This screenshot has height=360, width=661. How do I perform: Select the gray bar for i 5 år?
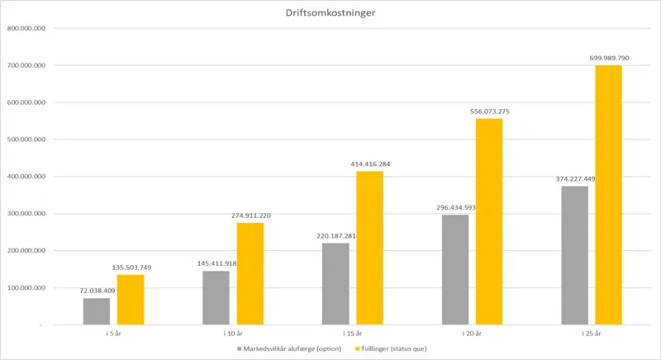[x=96, y=311]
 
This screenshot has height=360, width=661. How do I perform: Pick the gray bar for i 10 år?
[x=216, y=297]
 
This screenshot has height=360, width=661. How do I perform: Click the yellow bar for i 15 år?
[x=369, y=248]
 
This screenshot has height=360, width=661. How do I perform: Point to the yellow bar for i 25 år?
[x=608, y=195]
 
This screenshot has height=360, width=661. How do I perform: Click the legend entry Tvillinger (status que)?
[x=391, y=349]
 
